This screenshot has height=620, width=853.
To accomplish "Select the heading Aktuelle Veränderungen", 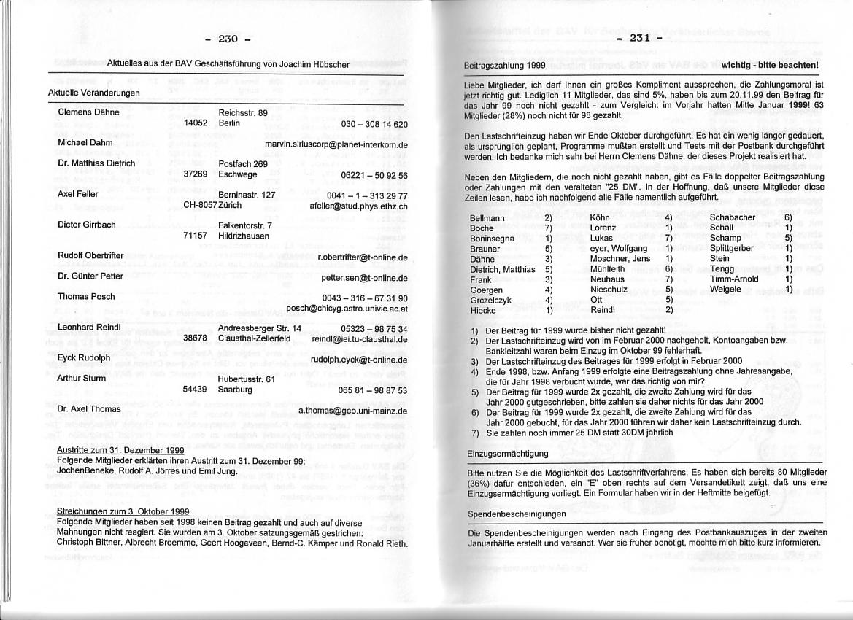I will click(94, 93).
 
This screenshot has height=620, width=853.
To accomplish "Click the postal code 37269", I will click(197, 175).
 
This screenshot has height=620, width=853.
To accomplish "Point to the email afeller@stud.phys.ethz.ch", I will click(358, 206).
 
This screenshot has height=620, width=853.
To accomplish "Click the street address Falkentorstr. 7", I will click(245, 225).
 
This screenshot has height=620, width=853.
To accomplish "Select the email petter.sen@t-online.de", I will click(364, 278).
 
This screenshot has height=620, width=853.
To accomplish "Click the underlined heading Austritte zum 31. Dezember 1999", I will click(120, 450).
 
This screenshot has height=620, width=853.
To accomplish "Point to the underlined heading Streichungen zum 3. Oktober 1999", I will click(123, 511).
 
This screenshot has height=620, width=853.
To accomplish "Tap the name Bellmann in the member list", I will click(487, 218).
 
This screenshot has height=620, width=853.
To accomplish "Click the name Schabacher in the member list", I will click(732, 217).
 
